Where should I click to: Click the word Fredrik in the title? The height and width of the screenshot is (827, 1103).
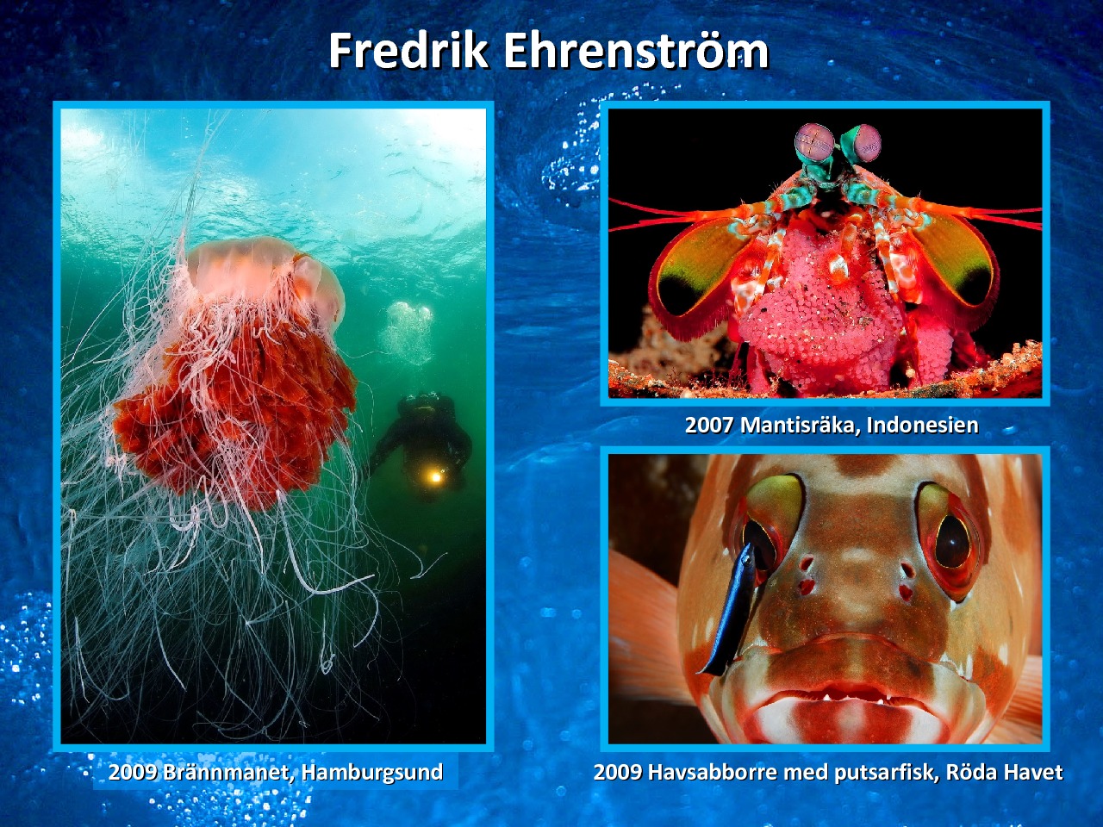point(408,51)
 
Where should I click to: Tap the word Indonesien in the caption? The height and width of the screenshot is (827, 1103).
point(923,425)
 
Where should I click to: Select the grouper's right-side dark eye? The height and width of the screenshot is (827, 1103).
point(951,547)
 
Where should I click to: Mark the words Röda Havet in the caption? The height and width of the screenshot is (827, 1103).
point(1005,772)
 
